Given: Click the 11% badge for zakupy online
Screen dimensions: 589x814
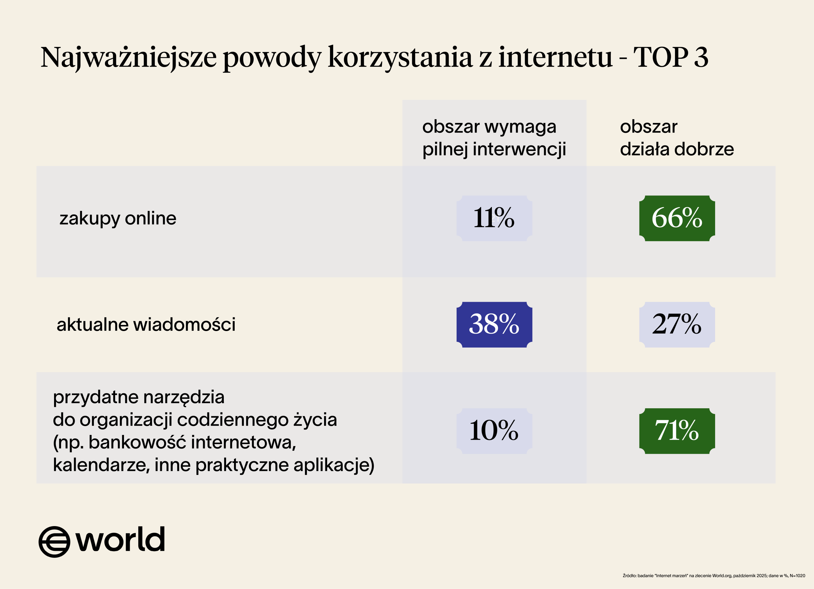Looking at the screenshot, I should [x=494, y=218].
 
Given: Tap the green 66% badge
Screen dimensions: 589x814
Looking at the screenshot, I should [x=677, y=218].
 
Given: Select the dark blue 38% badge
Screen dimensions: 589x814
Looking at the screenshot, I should [x=494, y=324].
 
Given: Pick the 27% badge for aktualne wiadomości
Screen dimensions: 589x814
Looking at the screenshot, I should [x=677, y=324].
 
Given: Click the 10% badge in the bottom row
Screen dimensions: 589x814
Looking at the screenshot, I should [x=494, y=430].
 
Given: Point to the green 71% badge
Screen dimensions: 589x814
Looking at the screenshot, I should [x=677, y=430].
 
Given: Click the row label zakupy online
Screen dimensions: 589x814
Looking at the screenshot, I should [x=118, y=218].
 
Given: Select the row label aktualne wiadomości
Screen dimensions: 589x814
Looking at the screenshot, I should [x=146, y=324].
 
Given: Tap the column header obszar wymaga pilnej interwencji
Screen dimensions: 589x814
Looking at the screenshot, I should [x=494, y=138].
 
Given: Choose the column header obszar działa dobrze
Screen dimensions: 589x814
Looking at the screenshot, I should [x=677, y=138].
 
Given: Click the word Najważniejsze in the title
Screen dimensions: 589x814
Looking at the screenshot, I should [x=128, y=58].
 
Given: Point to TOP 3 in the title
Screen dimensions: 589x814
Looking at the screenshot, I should [x=671, y=58].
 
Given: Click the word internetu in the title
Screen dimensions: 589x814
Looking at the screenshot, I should [x=555, y=58].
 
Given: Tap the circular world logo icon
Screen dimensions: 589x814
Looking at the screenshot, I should [x=54, y=542].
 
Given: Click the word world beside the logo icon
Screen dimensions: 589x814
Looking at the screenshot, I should [x=120, y=539].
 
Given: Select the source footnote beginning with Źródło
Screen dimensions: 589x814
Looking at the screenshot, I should [x=714, y=576].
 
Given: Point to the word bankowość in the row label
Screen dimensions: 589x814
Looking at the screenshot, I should [x=137, y=442].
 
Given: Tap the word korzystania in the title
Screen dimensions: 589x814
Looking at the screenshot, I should [x=400, y=58].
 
